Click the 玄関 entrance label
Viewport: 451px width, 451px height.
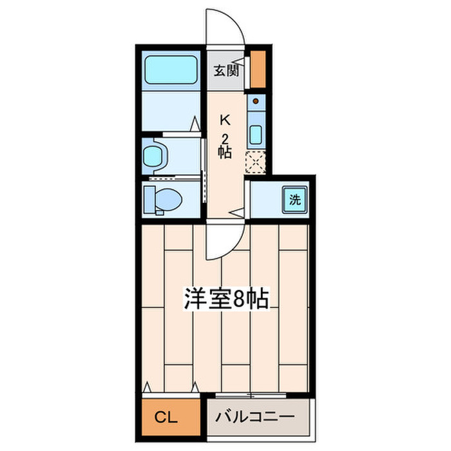click(226, 70)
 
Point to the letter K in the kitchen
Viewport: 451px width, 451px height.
click(225, 120)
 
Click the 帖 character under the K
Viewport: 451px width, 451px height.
click(225, 153)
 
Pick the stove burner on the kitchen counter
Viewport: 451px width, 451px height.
click(256, 101)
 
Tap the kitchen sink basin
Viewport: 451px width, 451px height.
click(256, 135)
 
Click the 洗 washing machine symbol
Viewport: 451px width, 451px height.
click(294, 200)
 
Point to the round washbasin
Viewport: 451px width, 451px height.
click(155, 155)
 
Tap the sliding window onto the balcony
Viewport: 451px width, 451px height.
click(251, 394)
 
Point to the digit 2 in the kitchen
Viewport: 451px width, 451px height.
click(225, 138)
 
